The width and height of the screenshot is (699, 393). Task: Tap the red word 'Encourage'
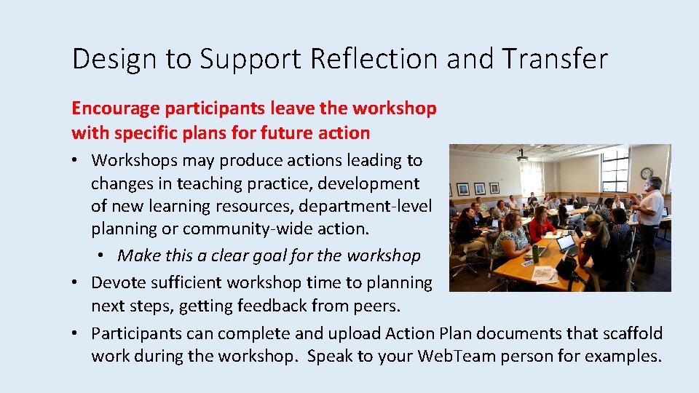pyautogui.click(x=115, y=108)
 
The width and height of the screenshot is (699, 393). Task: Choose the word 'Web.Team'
pyautogui.click(x=454, y=356)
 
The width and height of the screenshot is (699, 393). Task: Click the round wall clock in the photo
pyautogui.click(x=646, y=173)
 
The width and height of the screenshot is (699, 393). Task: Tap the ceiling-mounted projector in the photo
pyautogui.click(x=521, y=154)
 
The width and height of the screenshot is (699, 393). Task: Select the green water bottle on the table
pyautogui.click(x=535, y=253)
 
